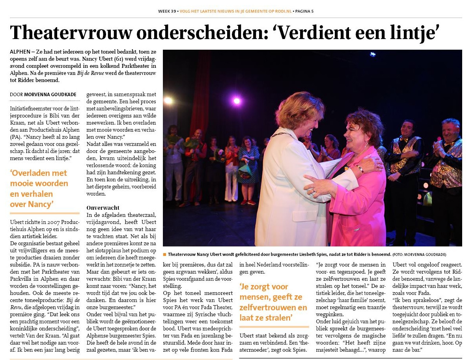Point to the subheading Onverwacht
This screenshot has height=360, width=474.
(x=103, y=207)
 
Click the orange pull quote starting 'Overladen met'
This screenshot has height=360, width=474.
(x=39, y=188)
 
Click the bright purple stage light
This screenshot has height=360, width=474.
(x=237, y=101)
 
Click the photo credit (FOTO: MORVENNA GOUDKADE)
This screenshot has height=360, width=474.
(x=419, y=254)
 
